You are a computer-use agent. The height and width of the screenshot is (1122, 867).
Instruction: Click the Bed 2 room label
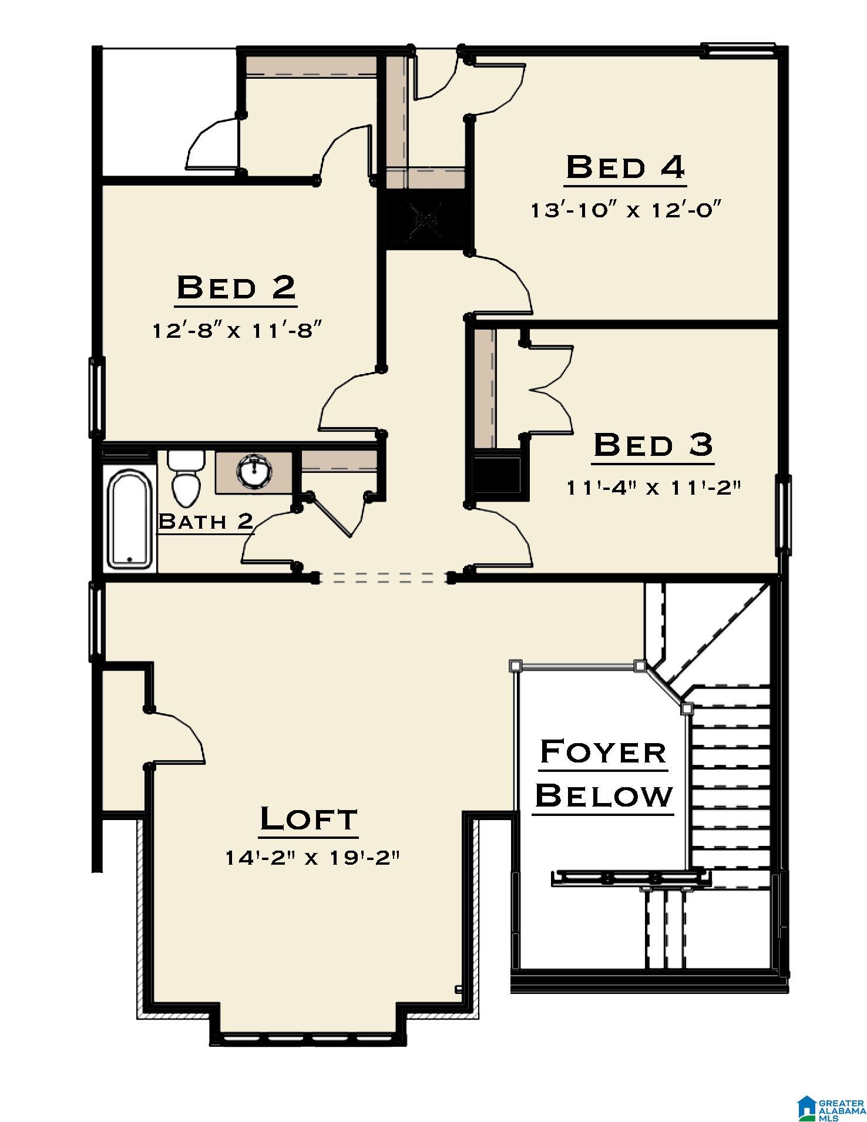(236, 288)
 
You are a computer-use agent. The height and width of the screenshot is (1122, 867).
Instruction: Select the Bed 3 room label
(653, 445)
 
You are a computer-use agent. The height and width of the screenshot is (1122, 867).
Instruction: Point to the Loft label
(309, 819)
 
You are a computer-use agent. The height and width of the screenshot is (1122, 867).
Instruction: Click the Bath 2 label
(206, 520)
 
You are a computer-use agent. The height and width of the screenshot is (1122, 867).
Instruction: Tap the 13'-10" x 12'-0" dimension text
(626, 210)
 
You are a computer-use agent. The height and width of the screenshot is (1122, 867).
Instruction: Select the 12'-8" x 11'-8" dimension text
(238, 331)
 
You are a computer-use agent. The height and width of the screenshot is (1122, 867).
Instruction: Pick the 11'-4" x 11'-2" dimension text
(651, 487)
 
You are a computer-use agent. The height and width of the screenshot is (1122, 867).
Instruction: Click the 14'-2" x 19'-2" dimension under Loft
(312, 858)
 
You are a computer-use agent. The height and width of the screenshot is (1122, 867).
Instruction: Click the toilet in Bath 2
(186, 477)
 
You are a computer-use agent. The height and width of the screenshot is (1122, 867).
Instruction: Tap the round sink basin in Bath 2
(254, 471)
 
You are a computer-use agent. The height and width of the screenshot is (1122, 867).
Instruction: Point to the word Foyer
(603, 752)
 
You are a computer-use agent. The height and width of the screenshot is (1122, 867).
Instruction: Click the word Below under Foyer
(604, 796)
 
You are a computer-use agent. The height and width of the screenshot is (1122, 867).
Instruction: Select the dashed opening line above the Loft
(384, 578)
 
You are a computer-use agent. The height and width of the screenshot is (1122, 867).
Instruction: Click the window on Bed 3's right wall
(784, 515)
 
